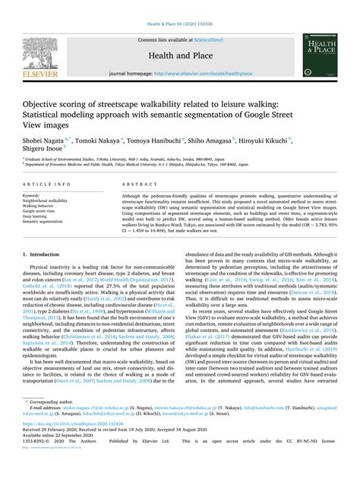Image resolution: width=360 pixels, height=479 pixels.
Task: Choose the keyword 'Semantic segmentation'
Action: [44, 222]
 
